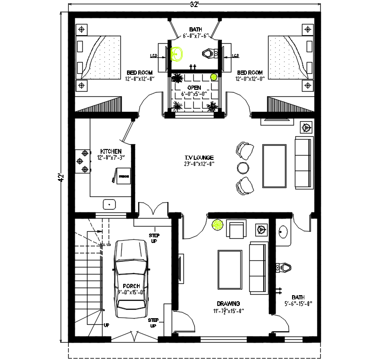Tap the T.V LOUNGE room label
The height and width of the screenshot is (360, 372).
pyautogui.click(x=199, y=157)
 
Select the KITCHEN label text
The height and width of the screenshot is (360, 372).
pyautogui.click(x=111, y=151)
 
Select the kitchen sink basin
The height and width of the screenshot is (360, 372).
pyautogui.click(x=110, y=204)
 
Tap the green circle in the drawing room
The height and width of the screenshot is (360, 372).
pyautogui.click(x=218, y=226)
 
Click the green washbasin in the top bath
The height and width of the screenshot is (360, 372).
pyautogui.click(x=177, y=54)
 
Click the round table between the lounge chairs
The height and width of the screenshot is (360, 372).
pyautogui.click(x=243, y=167)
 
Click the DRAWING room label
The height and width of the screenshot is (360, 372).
pyautogui.click(x=229, y=304)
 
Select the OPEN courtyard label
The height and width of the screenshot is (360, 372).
pyautogui.click(x=194, y=88)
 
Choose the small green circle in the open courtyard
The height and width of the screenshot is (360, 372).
pyautogui.click(x=213, y=77)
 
